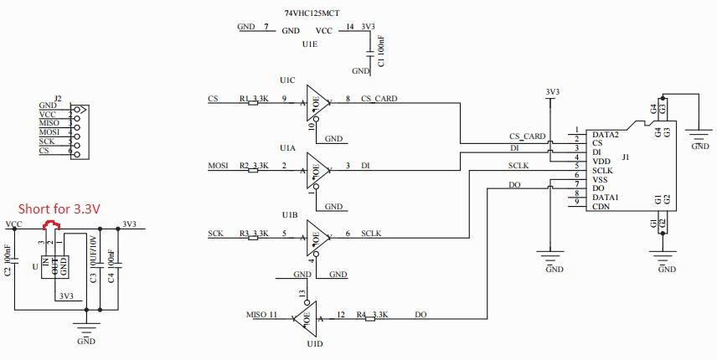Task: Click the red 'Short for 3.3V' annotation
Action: (59, 208)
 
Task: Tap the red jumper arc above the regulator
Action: (51, 224)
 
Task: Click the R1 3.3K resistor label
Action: (254, 99)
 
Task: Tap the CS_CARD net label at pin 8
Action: (379, 99)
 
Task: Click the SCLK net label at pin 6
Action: (372, 234)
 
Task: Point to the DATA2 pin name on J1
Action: (605, 134)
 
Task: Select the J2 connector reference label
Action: (57, 98)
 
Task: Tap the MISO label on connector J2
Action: (49, 123)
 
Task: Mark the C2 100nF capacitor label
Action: (8, 260)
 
